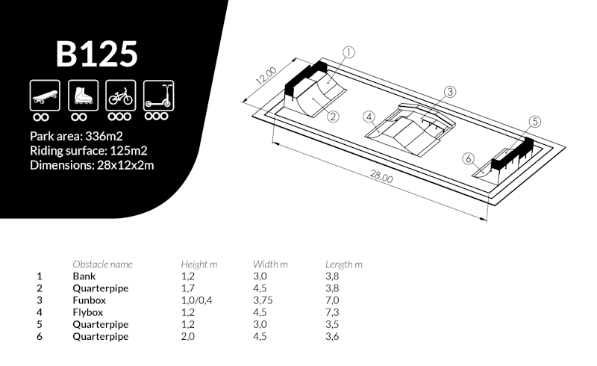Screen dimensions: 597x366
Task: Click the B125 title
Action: pyautogui.click(x=97, y=54)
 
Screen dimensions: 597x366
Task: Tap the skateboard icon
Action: pyautogui.click(x=45, y=96)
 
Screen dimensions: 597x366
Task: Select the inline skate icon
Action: pyautogui.click(x=83, y=96)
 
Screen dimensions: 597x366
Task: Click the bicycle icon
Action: pyautogui.click(x=121, y=96)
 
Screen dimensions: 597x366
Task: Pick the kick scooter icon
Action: pyautogui.click(x=159, y=96)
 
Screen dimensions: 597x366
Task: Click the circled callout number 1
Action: pyautogui.click(x=348, y=52)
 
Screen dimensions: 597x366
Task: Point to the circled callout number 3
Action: pyautogui.click(x=450, y=92)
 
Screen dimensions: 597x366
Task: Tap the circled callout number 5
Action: pyautogui.click(x=535, y=122)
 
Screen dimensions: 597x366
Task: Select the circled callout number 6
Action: pyautogui.click(x=469, y=158)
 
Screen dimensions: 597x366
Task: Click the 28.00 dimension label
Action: pyautogui.click(x=381, y=176)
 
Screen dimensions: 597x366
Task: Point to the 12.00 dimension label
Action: pyautogui.click(x=266, y=76)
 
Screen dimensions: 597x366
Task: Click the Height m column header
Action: pyautogui.click(x=199, y=264)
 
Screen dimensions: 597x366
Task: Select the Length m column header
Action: pyautogui.click(x=344, y=264)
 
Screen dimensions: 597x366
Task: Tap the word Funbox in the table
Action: pyautogui.click(x=90, y=300)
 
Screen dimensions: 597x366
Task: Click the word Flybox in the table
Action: pyautogui.click(x=88, y=313)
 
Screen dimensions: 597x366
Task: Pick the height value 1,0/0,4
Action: pyautogui.click(x=197, y=300)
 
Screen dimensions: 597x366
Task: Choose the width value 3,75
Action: pyautogui.click(x=263, y=300)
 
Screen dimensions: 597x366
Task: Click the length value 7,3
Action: pyautogui.click(x=332, y=313)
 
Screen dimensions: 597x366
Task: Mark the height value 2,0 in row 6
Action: pyautogui.click(x=188, y=337)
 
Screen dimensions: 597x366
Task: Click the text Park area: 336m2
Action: pyautogui.click(x=77, y=136)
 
